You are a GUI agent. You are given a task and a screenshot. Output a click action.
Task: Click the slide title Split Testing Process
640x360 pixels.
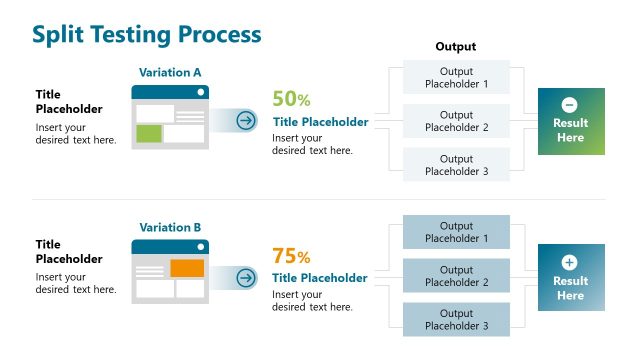pyautogui.click(x=146, y=34)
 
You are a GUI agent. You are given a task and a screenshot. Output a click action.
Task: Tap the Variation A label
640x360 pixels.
pyautogui.click(x=170, y=73)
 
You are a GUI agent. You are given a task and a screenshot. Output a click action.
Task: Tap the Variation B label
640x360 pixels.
pyautogui.click(x=170, y=227)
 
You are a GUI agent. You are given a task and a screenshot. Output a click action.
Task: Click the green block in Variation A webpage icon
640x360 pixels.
pyautogui.click(x=149, y=133)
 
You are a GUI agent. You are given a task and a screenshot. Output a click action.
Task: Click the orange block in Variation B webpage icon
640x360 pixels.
pyautogui.click(x=187, y=268)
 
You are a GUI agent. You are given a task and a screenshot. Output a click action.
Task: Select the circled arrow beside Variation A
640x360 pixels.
pyautogui.click(x=246, y=121)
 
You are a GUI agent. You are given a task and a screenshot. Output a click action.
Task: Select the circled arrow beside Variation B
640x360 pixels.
pyautogui.click(x=246, y=276)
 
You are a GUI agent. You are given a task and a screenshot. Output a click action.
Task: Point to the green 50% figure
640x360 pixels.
pyautogui.click(x=291, y=99)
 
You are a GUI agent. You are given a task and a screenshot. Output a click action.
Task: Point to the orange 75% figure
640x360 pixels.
pyautogui.click(x=291, y=255)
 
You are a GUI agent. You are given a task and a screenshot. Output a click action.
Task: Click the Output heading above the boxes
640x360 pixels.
pyautogui.click(x=456, y=47)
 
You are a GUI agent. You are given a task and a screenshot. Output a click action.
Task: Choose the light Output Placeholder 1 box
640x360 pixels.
pyautogui.click(x=456, y=77)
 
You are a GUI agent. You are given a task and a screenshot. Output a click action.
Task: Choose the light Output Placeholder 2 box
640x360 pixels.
pyautogui.click(x=456, y=121)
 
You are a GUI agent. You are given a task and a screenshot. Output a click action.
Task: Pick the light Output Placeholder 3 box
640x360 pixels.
pyautogui.click(x=456, y=165)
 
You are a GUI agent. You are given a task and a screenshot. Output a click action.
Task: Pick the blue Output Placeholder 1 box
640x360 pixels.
pyautogui.click(x=456, y=232)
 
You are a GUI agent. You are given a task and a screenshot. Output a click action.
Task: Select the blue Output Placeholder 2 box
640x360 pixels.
pyautogui.click(x=456, y=276)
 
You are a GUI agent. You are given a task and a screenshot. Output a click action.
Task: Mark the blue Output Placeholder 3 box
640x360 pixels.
pyautogui.click(x=456, y=320)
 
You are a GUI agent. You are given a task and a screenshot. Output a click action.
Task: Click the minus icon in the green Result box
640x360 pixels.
pyautogui.click(x=570, y=104)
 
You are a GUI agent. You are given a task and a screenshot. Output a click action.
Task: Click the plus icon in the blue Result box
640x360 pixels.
pyautogui.click(x=570, y=262)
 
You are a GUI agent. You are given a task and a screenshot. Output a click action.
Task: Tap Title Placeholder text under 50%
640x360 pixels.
pyautogui.click(x=320, y=122)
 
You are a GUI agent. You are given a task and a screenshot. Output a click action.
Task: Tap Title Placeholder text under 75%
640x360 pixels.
pyautogui.click(x=320, y=278)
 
